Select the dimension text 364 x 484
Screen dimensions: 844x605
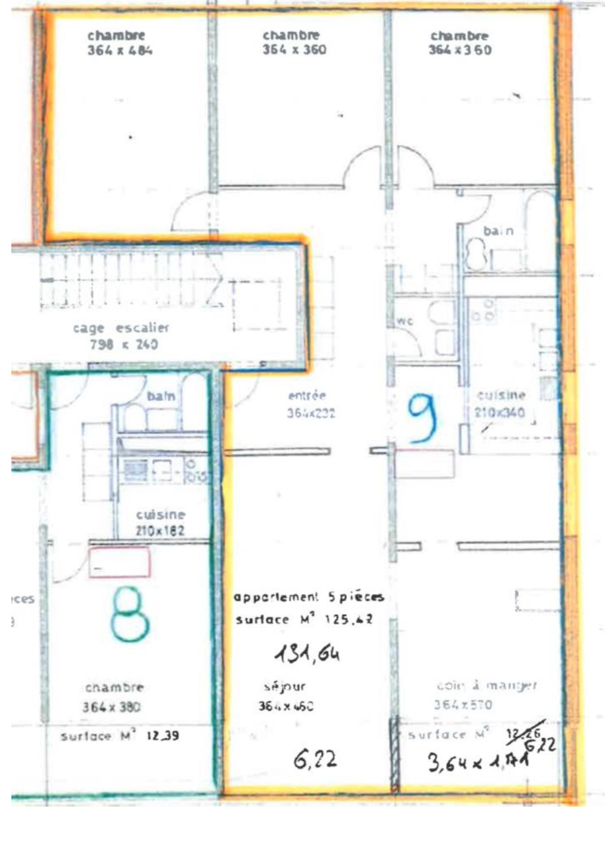(120, 51)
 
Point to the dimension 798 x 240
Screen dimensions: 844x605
(124, 345)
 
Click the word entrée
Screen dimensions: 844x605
(307, 395)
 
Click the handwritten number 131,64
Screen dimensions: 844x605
(307, 654)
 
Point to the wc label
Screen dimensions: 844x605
(405, 321)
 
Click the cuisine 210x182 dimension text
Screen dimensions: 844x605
(160, 530)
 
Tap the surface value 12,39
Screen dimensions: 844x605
(162, 736)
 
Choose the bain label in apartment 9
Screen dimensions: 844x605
(498, 231)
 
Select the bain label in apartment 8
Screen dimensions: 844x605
(161, 396)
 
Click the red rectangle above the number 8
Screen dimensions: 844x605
(119, 562)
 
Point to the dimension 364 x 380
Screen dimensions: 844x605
(111, 707)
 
